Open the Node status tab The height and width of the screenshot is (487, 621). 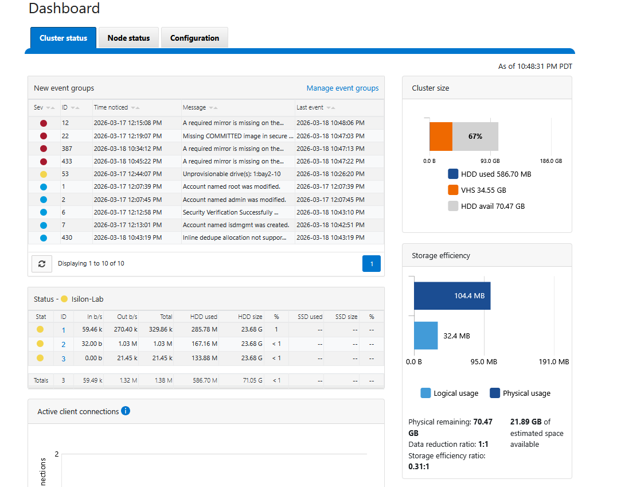[128, 38]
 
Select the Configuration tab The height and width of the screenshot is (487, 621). [194, 38]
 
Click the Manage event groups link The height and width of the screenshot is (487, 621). [342, 88]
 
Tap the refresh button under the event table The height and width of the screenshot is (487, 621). [42, 263]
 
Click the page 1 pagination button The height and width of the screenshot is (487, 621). [372, 263]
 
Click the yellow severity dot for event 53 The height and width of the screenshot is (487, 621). [44, 174]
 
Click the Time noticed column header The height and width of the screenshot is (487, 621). [111, 107]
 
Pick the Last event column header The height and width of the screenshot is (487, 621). [310, 107]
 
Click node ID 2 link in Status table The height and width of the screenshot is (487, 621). [64, 344]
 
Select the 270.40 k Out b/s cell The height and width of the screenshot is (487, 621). [126, 329]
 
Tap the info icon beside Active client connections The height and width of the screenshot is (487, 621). [126, 411]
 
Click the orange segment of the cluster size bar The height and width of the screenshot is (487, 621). [441, 137]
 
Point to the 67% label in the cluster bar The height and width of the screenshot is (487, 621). [475, 137]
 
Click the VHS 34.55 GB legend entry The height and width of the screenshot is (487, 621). [477, 190]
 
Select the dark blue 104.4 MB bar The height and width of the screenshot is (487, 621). [452, 295]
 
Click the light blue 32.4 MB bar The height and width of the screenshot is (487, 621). [425, 336]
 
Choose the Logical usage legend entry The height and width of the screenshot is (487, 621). [450, 393]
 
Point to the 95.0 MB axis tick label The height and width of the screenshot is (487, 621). [484, 362]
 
